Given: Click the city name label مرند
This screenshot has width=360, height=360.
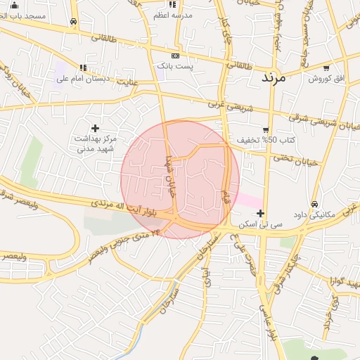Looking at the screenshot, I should click(x=274, y=77).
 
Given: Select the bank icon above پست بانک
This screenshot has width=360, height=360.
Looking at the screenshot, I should click(x=175, y=56).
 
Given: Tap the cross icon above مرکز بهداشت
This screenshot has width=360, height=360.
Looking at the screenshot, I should click(x=95, y=128).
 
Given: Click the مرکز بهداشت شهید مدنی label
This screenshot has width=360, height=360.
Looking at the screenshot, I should click(x=95, y=144).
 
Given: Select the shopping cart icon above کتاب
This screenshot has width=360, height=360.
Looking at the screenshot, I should click(x=265, y=129).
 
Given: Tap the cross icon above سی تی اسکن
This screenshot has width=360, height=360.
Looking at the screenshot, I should click(x=261, y=213).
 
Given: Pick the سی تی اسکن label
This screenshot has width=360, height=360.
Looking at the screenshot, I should click(x=261, y=224).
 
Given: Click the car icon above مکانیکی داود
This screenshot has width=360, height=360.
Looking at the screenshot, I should click(x=315, y=204).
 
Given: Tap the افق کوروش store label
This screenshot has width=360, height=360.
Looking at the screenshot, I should click(x=328, y=78).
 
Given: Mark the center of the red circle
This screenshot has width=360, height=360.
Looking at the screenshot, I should click(x=180, y=179).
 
